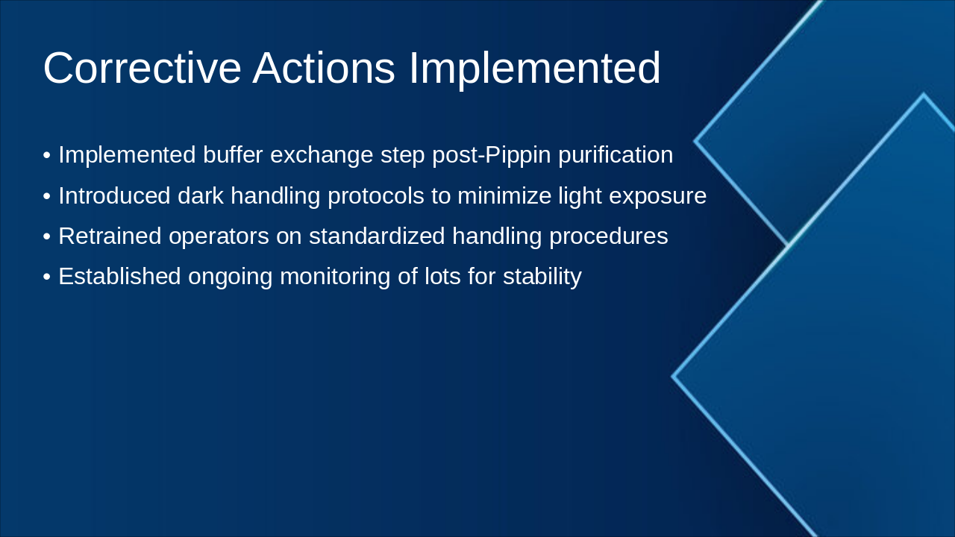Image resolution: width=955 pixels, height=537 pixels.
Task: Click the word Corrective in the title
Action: (x=143, y=68)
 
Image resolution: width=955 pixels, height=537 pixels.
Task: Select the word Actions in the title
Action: (x=324, y=68)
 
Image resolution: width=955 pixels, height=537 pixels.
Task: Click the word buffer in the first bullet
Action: (x=233, y=154)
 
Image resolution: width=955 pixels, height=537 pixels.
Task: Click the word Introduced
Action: (x=114, y=195)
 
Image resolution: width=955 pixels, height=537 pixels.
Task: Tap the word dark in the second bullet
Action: (x=201, y=195)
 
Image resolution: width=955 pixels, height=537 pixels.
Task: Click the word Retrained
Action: (x=110, y=236)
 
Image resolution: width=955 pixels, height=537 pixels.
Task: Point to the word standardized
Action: (x=377, y=236)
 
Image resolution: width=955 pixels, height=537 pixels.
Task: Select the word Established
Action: (x=120, y=276)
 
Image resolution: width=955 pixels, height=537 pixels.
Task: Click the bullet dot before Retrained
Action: (x=47, y=237)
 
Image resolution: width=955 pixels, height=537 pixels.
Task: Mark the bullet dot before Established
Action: (x=47, y=277)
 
